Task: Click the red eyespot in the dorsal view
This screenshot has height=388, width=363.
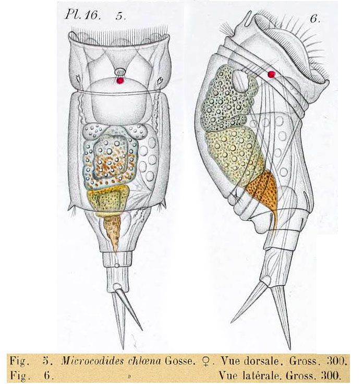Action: [120, 81]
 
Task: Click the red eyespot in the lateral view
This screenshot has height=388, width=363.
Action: [271, 75]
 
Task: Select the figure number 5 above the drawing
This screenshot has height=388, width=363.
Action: [121, 16]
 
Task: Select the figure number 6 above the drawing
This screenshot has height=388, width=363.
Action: [314, 19]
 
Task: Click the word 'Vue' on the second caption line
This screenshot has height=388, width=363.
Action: [228, 374]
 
